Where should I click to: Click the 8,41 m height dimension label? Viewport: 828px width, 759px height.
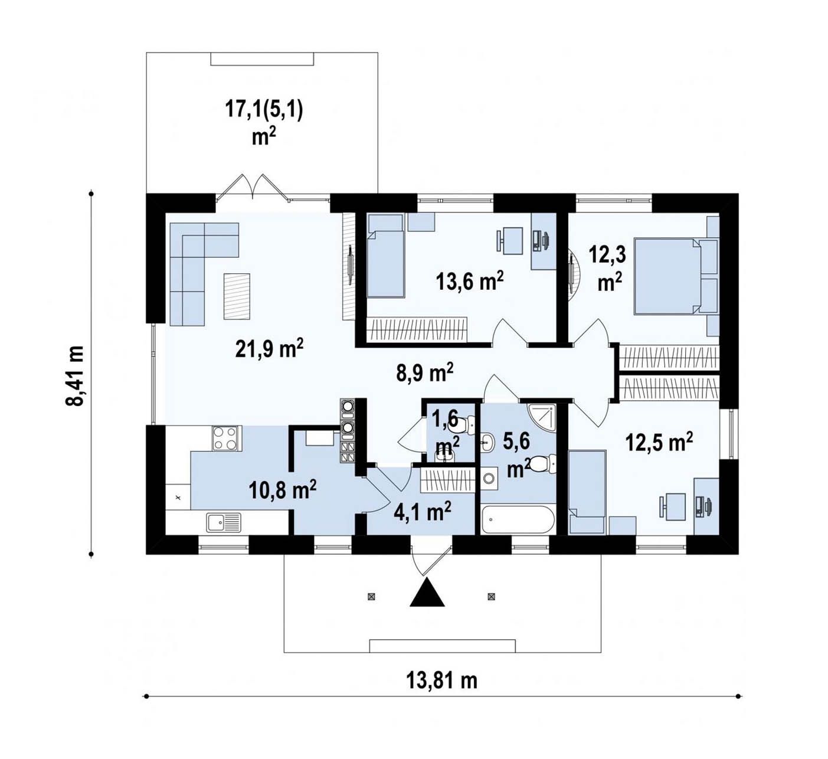click(76, 376)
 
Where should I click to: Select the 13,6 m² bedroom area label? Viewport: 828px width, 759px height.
click(470, 282)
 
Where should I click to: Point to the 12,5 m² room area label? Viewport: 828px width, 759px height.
click(659, 443)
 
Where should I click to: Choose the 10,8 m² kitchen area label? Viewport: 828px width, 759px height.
click(283, 490)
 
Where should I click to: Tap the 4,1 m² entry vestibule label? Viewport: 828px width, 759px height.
click(422, 512)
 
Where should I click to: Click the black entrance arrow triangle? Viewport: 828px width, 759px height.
click(427, 592)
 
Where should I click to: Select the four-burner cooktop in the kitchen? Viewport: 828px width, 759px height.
click(225, 438)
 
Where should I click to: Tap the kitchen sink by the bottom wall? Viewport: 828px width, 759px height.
click(223, 522)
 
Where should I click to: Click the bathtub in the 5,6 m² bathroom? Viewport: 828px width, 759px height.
click(518, 519)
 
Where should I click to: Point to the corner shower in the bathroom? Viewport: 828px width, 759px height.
click(542, 417)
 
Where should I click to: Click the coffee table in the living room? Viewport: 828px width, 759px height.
click(237, 296)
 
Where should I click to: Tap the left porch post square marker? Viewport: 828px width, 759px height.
click(371, 596)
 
